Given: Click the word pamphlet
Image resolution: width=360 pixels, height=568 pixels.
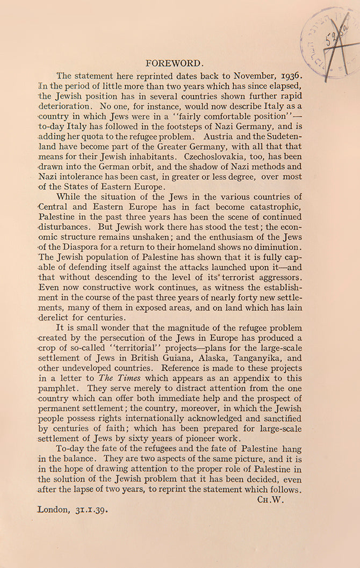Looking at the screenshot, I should click(x=57, y=388).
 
